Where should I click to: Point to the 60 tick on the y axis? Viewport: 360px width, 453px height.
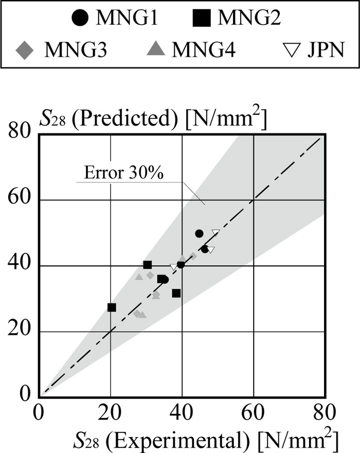coord(24,200)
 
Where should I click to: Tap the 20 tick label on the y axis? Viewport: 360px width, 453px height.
coord(24,332)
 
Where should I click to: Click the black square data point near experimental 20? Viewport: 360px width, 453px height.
coord(112,307)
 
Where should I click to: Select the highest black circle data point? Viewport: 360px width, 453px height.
coord(200,233)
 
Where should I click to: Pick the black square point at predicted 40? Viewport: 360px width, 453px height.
coord(148,265)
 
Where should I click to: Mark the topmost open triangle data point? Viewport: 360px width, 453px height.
coord(216,233)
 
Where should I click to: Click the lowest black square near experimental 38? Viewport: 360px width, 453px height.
coord(176,293)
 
